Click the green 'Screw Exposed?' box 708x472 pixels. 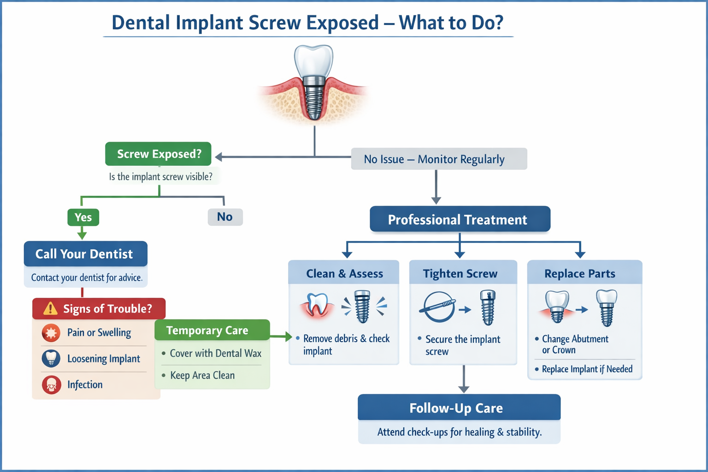pyautogui.click(x=158, y=154)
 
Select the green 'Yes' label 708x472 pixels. pyautogui.click(x=83, y=217)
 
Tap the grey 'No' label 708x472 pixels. pyautogui.click(x=225, y=217)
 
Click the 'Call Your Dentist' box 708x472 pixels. pyautogui.click(x=85, y=254)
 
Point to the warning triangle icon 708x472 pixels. pyautogui.click(x=50, y=308)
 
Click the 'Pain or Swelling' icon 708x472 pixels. pyautogui.click(x=51, y=333)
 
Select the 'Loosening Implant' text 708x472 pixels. pyautogui.click(x=104, y=359)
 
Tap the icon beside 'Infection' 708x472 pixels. pyautogui.click(x=51, y=385)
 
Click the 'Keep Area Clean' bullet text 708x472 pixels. pyautogui.click(x=202, y=376)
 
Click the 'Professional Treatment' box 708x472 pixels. pyautogui.click(x=460, y=219)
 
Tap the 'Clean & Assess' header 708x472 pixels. pyautogui.click(x=344, y=273)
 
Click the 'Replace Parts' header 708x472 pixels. pyautogui.click(x=580, y=273)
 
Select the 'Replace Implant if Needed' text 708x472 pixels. pyautogui.click(x=587, y=369)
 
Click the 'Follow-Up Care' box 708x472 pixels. pyautogui.click(x=459, y=408)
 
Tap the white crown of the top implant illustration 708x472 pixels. pyautogui.click(x=314, y=60)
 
